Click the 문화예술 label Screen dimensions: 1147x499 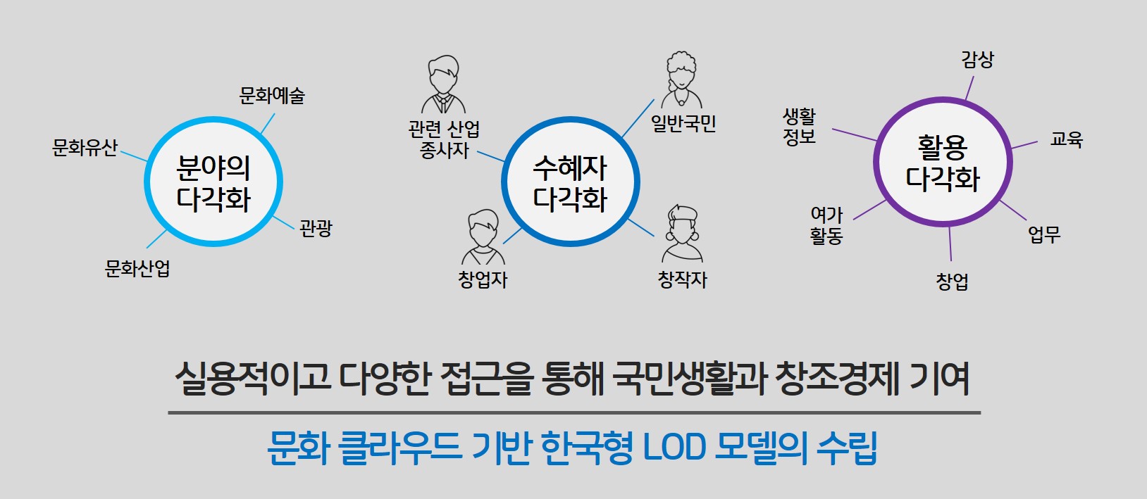pos(272,96)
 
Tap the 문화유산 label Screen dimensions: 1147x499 pos(85,147)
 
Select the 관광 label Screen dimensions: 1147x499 pos(316,228)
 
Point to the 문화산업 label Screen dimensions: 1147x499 pos(137,268)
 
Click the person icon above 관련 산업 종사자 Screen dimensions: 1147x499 pos(443,84)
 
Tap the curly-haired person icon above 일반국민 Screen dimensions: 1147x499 pos(681,80)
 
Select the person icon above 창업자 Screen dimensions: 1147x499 pos(483,237)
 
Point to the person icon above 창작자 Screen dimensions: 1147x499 pos(682,234)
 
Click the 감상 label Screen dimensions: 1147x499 pos(977,60)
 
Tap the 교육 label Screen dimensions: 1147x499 pos(1067,139)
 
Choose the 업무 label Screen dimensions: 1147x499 pos(1044,234)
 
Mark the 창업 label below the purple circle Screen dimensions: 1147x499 pos(952,282)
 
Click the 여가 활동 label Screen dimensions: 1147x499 pos(826,225)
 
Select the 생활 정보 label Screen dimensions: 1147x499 pos(799,126)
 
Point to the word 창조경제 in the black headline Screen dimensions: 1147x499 pos(837,379)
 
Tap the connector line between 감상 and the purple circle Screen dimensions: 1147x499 pos(969,88)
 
